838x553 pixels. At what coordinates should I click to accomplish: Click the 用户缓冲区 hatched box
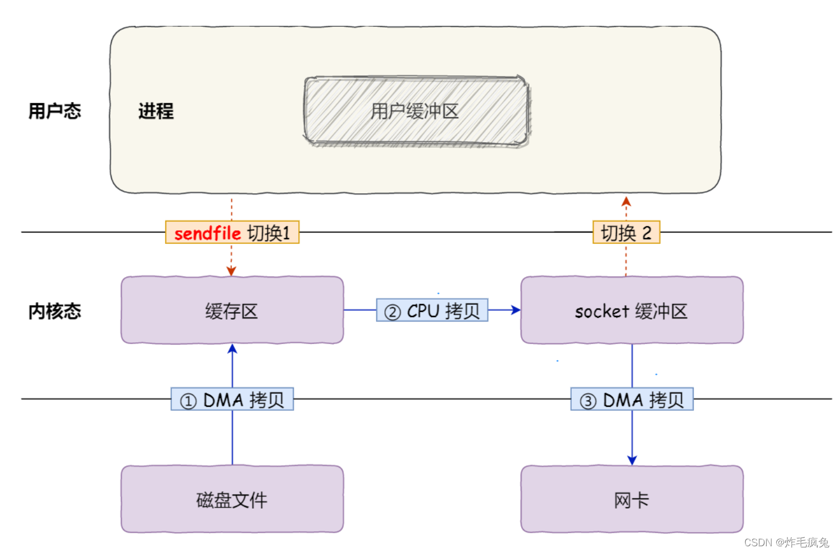pos(416,111)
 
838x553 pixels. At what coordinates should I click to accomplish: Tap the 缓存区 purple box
pos(231,310)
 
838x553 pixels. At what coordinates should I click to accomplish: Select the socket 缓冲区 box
pos(631,310)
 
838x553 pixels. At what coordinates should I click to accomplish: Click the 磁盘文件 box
pos(231,499)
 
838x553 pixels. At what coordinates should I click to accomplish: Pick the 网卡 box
pos(631,499)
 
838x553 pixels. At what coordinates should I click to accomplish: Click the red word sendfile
pos(207,233)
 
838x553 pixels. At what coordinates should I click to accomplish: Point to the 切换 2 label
pos(626,233)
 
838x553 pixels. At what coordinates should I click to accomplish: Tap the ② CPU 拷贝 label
pos(432,310)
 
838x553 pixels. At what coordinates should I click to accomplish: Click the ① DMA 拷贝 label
pos(232,400)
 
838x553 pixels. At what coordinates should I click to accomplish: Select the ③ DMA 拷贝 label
pos(631,400)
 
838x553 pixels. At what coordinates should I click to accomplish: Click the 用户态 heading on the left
pos(54,111)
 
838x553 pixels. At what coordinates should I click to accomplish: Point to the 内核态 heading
pos(54,311)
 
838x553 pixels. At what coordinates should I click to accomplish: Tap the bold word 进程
pos(156,111)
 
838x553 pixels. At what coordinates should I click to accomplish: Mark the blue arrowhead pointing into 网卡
pos(632,460)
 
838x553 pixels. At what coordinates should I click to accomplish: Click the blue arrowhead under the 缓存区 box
pos(232,350)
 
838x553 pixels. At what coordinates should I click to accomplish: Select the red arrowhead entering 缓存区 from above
pos(231,271)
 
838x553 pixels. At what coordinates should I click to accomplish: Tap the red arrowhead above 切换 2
pos(626,201)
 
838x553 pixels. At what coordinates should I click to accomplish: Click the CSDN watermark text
pos(786,542)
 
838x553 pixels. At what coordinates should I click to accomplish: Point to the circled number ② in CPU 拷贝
pos(392,312)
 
